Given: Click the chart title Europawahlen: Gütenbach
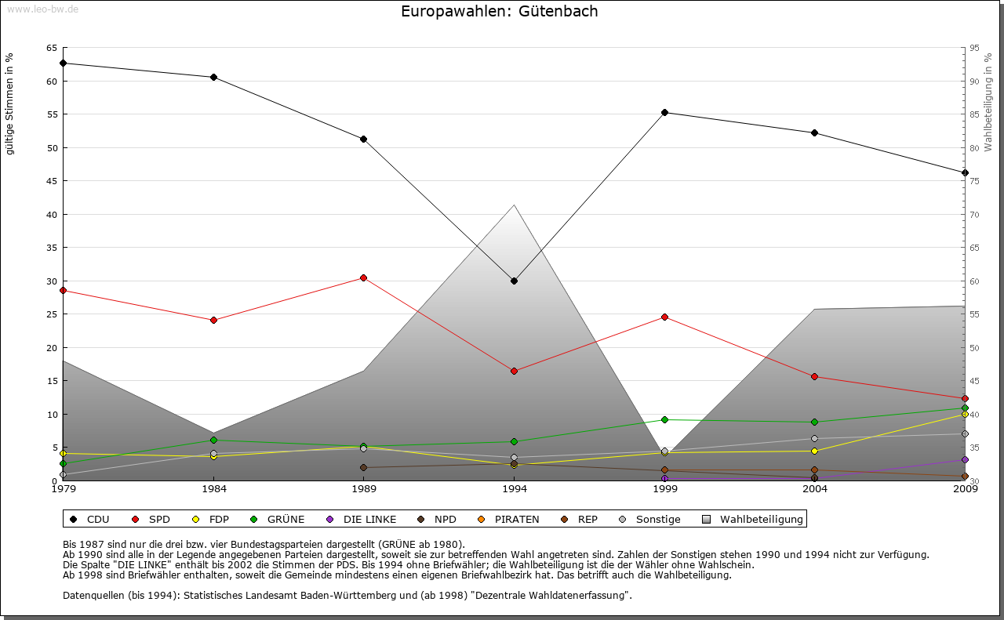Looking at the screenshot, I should click(x=499, y=11).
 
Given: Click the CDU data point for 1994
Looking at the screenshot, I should click(x=514, y=281).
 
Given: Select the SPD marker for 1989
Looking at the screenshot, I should click(x=363, y=277).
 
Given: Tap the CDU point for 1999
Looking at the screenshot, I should click(x=664, y=112).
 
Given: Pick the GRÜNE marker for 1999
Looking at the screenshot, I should click(x=664, y=419).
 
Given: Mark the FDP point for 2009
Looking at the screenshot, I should click(x=965, y=414).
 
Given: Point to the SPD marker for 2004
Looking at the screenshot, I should click(x=815, y=376).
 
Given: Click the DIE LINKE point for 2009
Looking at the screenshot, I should click(x=965, y=459).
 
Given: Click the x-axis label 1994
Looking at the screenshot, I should click(x=515, y=489).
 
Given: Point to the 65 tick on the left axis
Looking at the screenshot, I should click(x=52, y=48).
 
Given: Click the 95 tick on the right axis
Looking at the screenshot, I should click(x=974, y=48).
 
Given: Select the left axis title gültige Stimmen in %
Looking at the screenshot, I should click(x=9, y=103).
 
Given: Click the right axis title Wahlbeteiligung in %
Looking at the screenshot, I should click(x=988, y=103).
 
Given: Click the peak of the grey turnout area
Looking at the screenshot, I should click(x=514, y=205).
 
